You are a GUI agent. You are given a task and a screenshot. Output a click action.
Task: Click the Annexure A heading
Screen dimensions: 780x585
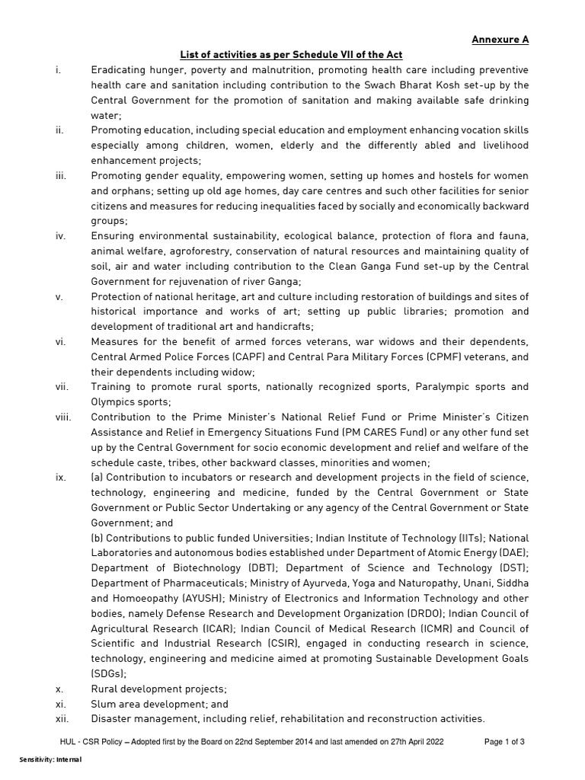coord(500,40)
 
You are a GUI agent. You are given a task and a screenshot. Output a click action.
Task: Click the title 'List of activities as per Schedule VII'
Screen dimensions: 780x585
coord(290,55)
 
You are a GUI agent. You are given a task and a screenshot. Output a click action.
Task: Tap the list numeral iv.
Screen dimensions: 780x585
coord(61,235)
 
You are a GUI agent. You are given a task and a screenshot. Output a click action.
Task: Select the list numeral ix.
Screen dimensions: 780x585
coord(61,477)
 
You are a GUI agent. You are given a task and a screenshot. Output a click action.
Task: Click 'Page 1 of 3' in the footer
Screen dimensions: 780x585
coord(504,741)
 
